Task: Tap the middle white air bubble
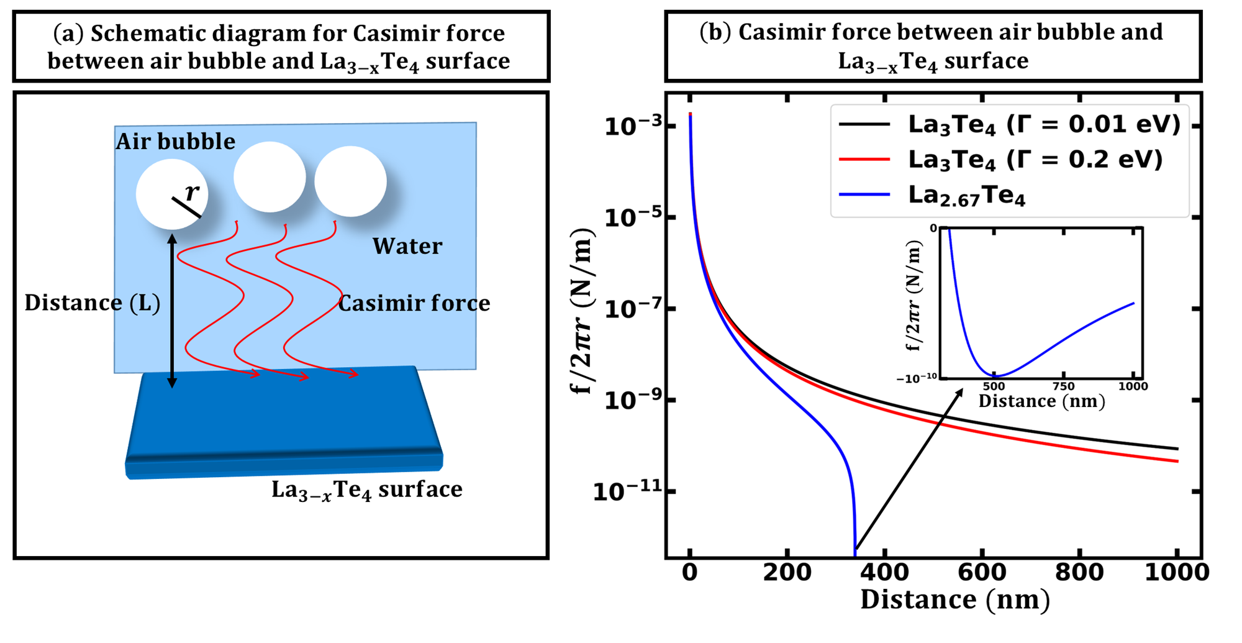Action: (270, 177)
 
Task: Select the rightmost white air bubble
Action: (350, 181)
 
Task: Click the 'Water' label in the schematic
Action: (407, 247)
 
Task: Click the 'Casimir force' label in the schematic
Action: (414, 303)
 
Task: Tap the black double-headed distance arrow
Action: (173, 311)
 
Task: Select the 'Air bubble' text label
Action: (176, 142)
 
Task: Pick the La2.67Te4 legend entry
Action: (966, 196)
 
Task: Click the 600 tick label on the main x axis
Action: (982, 572)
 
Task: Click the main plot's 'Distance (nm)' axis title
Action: (954, 600)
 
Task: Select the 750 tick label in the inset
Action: (1064, 386)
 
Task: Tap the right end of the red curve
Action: (1177, 462)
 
